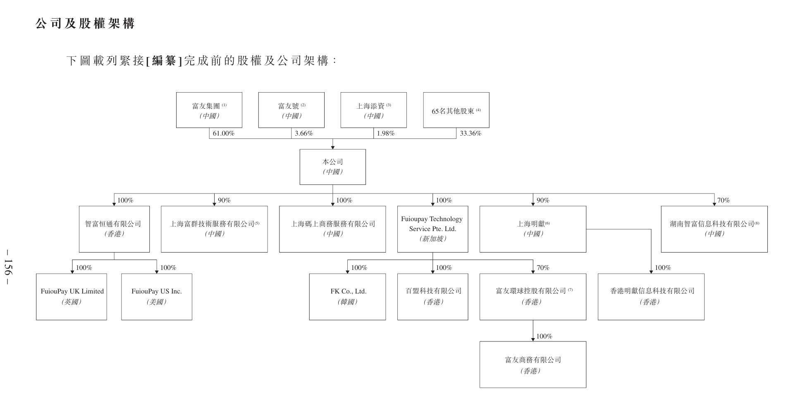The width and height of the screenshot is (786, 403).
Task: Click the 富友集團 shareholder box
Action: click(209, 110)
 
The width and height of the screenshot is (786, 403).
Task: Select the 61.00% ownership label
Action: click(223, 134)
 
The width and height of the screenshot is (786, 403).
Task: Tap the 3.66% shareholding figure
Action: click(303, 134)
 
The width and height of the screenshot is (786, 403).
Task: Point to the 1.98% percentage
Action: click(385, 134)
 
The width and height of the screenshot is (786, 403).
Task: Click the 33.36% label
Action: click(471, 134)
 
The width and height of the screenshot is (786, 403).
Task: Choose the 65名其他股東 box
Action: click(456, 110)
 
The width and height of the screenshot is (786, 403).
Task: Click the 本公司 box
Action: click(332, 167)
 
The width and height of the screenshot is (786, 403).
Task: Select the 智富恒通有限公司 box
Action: click(114, 229)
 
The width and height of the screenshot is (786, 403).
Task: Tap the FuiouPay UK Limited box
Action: click(72, 296)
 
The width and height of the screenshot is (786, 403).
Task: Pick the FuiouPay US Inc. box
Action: click(156, 296)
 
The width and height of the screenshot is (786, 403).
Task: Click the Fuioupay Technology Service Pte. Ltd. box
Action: click(432, 229)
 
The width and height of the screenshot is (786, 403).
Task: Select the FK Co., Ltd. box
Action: click(347, 296)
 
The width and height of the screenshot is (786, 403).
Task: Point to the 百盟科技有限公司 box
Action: click(432, 296)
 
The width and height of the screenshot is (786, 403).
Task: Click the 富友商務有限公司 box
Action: click(533, 365)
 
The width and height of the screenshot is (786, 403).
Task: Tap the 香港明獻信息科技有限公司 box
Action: click(651, 296)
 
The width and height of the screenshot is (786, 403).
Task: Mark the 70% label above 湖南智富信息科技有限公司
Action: click(723, 200)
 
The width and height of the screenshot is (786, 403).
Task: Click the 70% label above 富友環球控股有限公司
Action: click(543, 268)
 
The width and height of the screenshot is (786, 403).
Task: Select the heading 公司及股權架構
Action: click(85, 24)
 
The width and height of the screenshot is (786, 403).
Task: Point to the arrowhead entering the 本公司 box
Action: click(332, 147)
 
